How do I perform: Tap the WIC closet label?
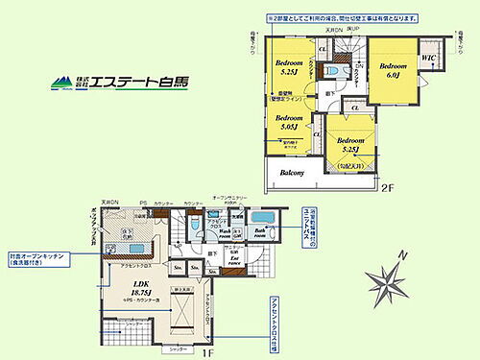tap(429, 59)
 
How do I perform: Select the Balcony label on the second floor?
tap(292, 174)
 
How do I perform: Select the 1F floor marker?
tap(233, 352)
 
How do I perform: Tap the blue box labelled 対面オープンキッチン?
tap(36, 259)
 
